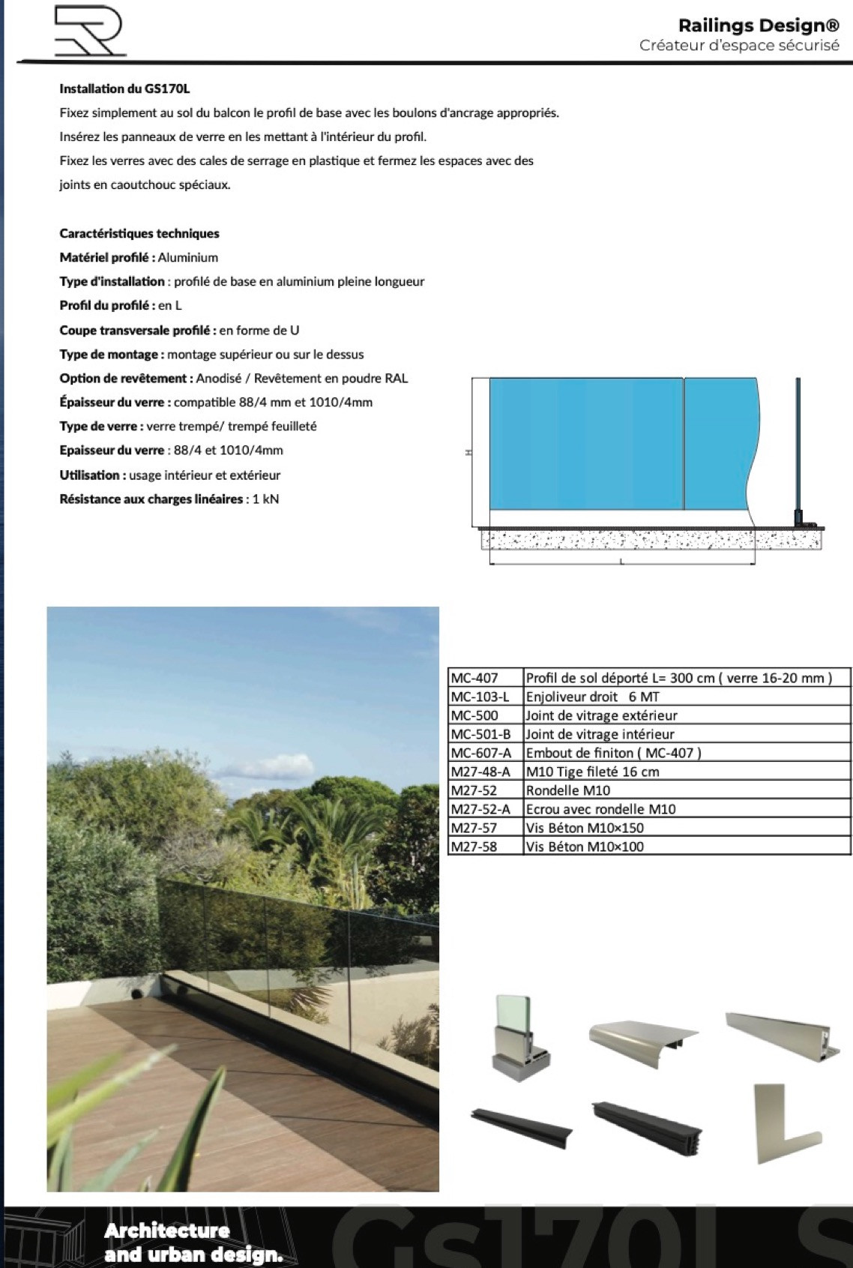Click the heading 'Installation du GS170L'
pyautogui.click(x=124, y=88)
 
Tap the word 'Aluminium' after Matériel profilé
pyautogui.click(x=188, y=257)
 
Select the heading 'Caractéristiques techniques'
pyautogui.click(x=139, y=233)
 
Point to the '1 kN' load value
pyautogui.click(x=265, y=499)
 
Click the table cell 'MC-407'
pyautogui.click(x=474, y=678)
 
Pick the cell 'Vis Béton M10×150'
pyautogui.click(x=585, y=828)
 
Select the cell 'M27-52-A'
pyautogui.click(x=480, y=809)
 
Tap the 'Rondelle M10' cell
pyautogui.click(x=568, y=790)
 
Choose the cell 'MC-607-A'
pyautogui.click(x=480, y=753)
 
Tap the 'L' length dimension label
pyautogui.click(x=621, y=562)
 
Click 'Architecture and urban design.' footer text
pyautogui.click(x=193, y=1243)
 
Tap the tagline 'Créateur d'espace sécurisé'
pyautogui.click(x=739, y=46)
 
